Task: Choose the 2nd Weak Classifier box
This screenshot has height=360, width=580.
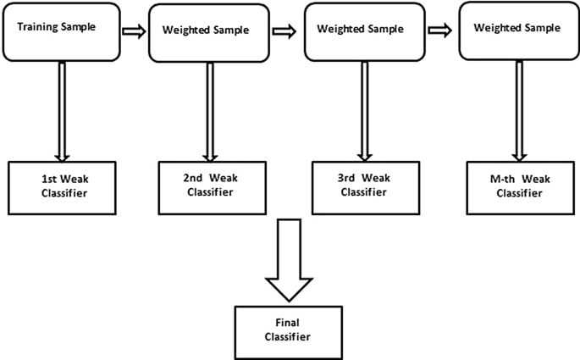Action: tap(208, 186)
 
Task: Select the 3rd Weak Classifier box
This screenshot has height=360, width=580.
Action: tap(363, 186)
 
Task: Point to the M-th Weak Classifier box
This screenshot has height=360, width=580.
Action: tap(518, 186)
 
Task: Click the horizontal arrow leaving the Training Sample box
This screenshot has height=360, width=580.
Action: tap(134, 31)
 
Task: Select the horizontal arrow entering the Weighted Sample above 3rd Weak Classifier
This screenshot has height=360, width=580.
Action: tap(284, 31)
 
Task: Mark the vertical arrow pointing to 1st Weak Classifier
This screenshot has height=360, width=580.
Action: tap(61, 110)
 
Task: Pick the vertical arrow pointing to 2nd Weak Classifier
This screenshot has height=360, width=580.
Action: tap(209, 110)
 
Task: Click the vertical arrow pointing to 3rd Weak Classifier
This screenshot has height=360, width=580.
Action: tap(364, 110)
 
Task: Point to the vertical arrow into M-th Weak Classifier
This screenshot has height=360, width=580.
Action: tap(518, 110)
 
